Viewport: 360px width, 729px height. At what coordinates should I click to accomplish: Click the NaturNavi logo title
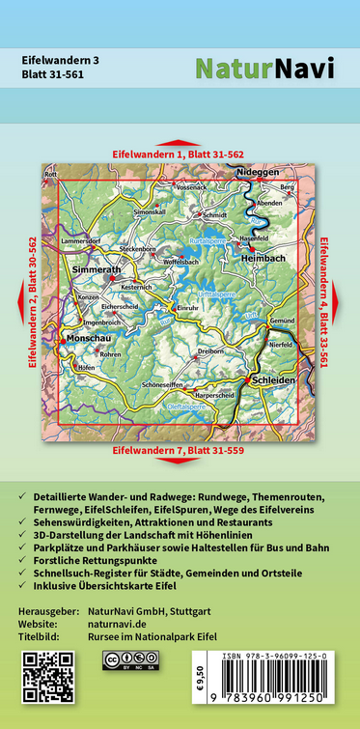264,68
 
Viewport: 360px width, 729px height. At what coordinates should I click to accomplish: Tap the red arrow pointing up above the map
180,144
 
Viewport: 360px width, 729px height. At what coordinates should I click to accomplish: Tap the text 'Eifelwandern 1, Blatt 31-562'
179,154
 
